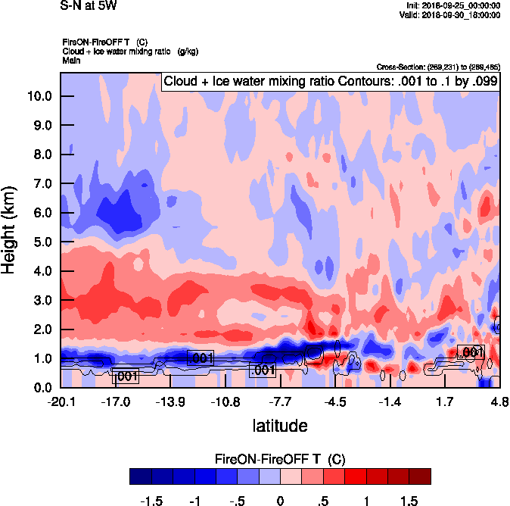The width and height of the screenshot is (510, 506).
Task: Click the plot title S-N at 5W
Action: (x=88, y=5)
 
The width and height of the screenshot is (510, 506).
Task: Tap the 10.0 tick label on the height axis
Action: (x=39, y=96)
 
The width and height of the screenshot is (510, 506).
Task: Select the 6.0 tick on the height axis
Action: (x=42, y=213)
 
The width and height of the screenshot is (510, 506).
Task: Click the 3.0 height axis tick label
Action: (x=42, y=300)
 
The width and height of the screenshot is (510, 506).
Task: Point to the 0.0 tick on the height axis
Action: (x=42, y=388)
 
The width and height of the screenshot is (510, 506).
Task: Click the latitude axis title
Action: (x=279, y=426)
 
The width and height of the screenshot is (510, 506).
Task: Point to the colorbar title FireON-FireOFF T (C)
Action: (x=280, y=459)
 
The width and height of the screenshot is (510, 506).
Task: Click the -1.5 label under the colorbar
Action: (x=152, y=501)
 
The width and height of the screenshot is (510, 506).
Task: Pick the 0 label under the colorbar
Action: (x=280, y=501)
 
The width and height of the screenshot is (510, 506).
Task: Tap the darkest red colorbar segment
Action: (x=419, y=476)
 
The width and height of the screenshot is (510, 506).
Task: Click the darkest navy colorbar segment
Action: (x=141, y=476)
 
